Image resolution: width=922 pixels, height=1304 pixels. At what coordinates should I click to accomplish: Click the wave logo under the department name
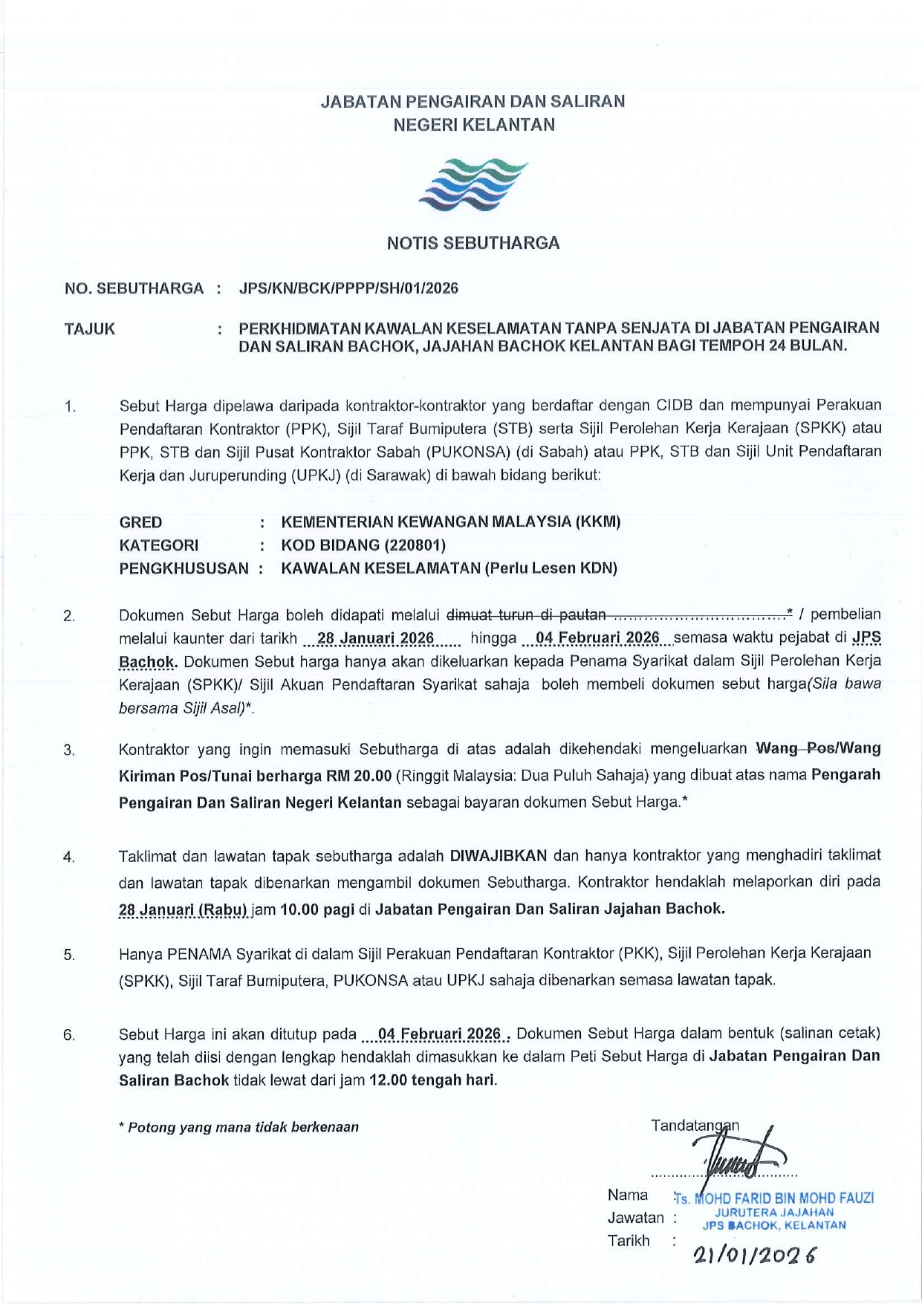[x=473, y=184]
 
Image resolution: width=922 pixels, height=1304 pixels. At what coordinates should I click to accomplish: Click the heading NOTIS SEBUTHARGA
[x=473, y=243]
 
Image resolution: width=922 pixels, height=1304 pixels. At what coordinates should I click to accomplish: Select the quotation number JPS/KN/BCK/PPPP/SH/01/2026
[x=348, y=288]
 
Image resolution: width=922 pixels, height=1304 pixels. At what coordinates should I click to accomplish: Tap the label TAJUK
[x=90, y=329]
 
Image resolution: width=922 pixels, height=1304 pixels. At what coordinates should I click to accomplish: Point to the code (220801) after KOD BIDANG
[x=415, y=545]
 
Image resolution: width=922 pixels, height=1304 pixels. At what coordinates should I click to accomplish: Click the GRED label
[x=140, y=522]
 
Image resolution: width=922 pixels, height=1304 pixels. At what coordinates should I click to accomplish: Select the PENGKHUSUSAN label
[x=184, y=568]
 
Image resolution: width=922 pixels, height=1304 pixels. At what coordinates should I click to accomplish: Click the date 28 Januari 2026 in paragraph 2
[x=375, y=638]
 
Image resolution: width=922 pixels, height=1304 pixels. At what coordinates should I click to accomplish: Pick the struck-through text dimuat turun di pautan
[x=526, y=614]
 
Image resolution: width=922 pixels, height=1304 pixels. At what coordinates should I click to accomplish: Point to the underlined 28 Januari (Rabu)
[x=184, y=909]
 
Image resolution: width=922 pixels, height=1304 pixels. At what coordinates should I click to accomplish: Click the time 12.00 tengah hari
[x=432, y=1080]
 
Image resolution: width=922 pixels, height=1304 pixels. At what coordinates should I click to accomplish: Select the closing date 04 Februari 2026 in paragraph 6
[x=439, y=1034]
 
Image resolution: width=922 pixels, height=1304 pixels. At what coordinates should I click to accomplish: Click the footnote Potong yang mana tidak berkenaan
[x=238, y=1127]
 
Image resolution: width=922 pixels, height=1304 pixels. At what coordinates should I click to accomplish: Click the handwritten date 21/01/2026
[x=753, y=1256]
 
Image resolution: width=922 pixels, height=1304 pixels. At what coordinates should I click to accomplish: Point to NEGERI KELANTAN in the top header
[x=473, y=125]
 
